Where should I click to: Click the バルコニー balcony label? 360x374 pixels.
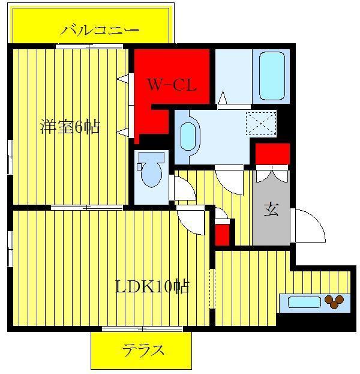coord(100,30)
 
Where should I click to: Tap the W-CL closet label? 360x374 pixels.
coord(172,85)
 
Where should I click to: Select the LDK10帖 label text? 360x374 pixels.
coord(152,286)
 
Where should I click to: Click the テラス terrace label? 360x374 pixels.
coord(143,351)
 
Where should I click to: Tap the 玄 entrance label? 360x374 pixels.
coord(271,209)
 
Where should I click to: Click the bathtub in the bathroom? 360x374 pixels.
coord(272,76)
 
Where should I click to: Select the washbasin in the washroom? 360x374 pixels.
coord(188,137)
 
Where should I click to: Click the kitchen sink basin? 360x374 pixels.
coord(304,303)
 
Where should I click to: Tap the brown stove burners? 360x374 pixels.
coord(334,301)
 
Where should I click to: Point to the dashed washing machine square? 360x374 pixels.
coord(261,124)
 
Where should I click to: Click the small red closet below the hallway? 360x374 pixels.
coord(223,235)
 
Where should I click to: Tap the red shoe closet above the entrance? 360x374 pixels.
coord(273,154)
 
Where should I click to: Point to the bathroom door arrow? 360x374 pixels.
coord(223,97)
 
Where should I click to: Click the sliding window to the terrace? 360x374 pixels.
coord(142,329)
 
